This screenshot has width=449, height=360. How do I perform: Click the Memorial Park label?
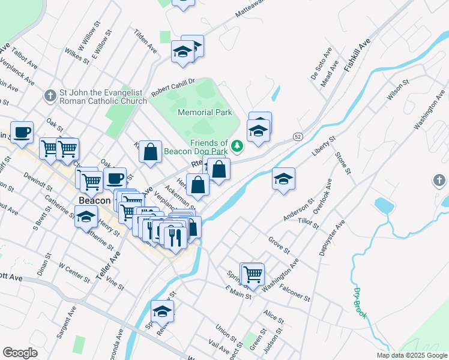pyautogui.click(x=205, y=112)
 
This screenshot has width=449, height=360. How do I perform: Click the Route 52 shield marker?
pyautogui.click(x=298, y=137)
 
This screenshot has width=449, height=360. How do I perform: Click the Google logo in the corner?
pyautogui.click(x=20, y=353)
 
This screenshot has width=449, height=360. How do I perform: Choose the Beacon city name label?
pyautogui.click(x=93, y=200)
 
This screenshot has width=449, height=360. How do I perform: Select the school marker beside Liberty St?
pyautogui.click(x=284, y=179)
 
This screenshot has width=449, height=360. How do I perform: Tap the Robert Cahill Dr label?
pyautogui.click(x=173, y=88)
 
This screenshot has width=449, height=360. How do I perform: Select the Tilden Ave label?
pyautogui.click(x=145, y=41)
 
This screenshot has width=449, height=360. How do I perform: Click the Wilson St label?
pyautogui.click(x=397, y=89)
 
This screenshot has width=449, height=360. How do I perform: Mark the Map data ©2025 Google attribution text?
pyautogui.click(x=411, y=355)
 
